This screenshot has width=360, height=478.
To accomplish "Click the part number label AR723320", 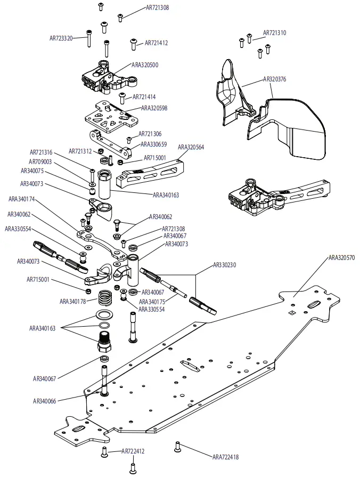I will click(x=61, y=38).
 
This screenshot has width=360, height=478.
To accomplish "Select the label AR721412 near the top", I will click(x=156, y=43).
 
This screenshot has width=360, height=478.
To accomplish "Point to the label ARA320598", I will click(x=154, y=108).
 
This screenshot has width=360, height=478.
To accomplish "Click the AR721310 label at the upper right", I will click(x=275, y=33).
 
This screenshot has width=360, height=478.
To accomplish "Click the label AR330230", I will click(x=226, y=264).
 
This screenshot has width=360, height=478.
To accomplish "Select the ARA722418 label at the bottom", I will click(x=226, y=457).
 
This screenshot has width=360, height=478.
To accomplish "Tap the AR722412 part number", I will click(x=133, y=451).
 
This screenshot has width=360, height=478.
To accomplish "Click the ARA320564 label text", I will click(x=191, y=147).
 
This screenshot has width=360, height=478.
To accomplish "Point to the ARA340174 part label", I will click(x=22, y=199).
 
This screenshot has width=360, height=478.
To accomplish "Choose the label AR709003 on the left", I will click(x=40, y=161).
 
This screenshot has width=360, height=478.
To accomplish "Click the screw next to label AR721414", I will click(x=122, y=98).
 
